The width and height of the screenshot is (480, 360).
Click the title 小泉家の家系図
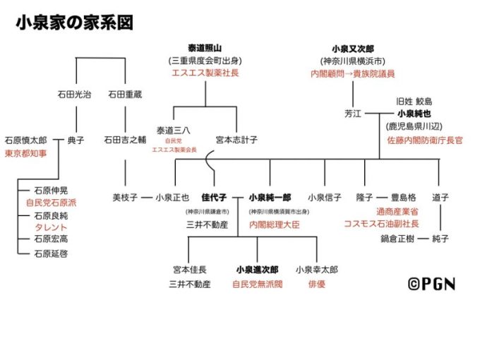[x=74, y=23]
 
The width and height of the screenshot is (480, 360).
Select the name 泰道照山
[x=195, y=48]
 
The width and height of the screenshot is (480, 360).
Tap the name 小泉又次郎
[x=352, y=48]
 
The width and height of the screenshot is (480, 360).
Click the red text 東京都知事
[x=25, y=152]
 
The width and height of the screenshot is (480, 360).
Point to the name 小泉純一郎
[x=269, y=198]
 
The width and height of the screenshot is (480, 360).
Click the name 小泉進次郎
[x=257, y=270]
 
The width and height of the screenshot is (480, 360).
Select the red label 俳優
[x=317, y=284]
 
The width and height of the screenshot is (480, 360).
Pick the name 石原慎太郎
[x=25, y=140]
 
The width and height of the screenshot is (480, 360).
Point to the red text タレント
[x=51, y=227]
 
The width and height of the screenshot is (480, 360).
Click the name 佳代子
[x=212, y=198]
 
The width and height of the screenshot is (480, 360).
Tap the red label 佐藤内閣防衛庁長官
[x=424, y=140]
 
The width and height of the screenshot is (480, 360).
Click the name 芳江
[x=352, y=113]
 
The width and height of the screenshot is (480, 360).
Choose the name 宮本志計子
[x=236, y=140]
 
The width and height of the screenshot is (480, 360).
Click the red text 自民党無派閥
[x=257, y=284]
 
